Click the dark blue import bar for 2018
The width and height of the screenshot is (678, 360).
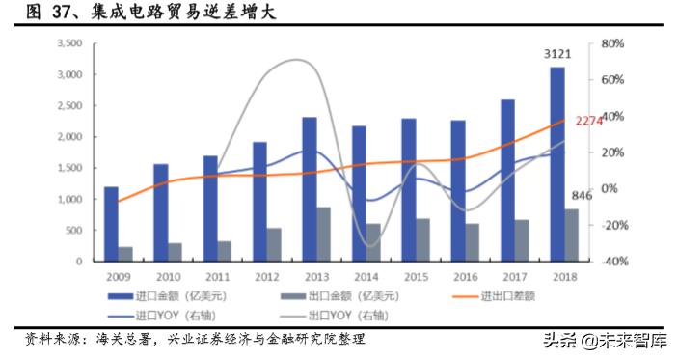tap(557, 164)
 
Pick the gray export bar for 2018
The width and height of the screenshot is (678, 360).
tap(572, 235)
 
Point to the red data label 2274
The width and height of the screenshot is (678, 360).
tap(588, 121)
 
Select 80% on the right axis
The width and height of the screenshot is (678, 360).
tap(613, 44)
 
